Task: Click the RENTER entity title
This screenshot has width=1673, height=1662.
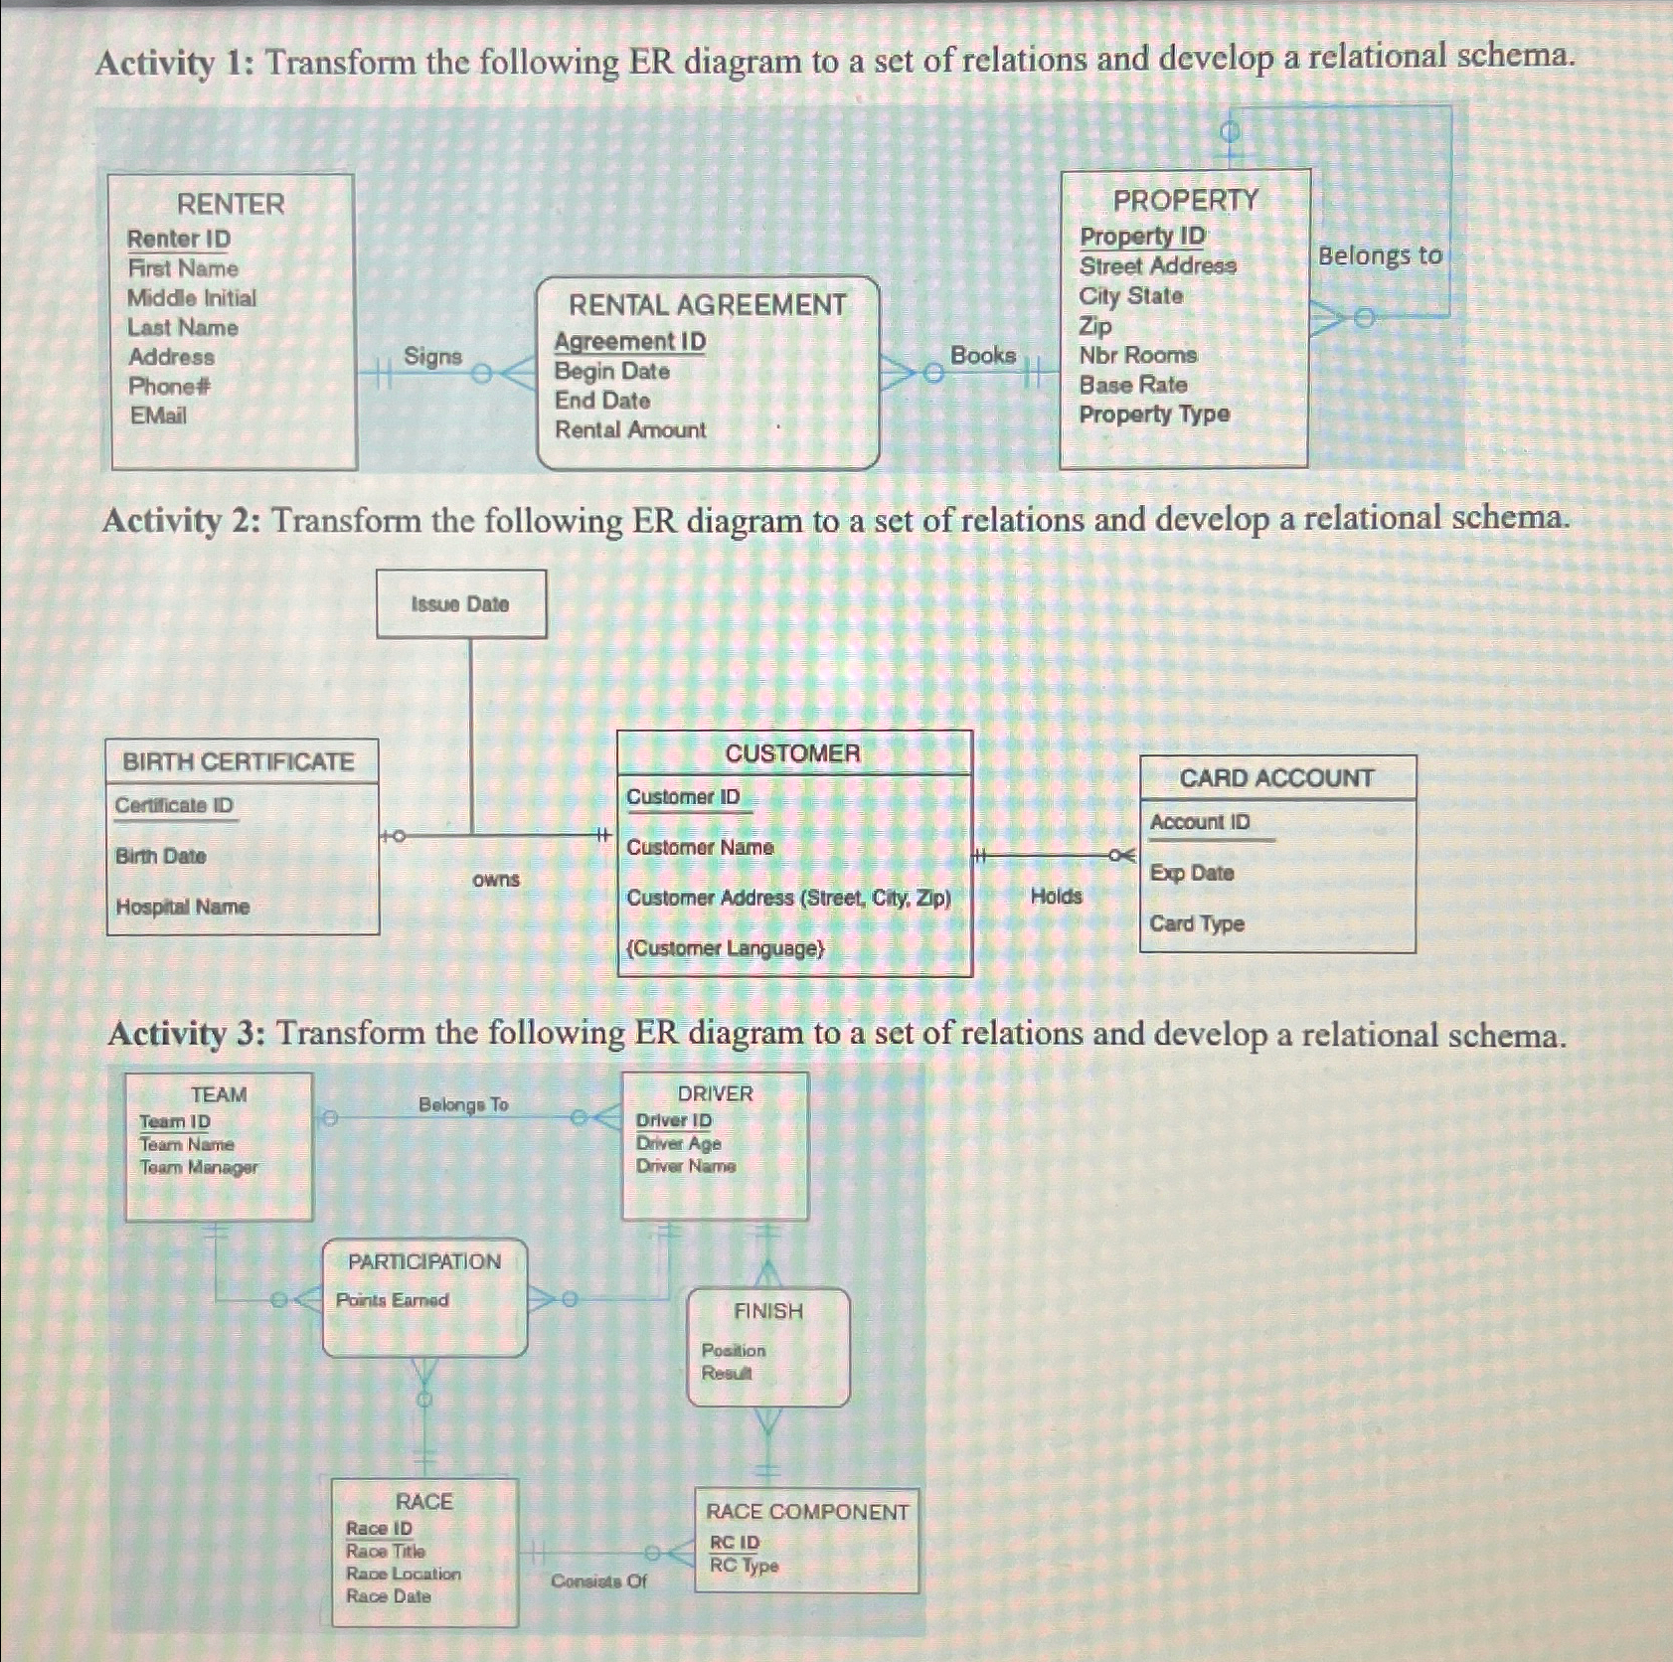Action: [231, 204]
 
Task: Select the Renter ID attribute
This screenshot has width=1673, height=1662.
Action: [179, 239]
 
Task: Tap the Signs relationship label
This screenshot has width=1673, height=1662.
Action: [432, 356]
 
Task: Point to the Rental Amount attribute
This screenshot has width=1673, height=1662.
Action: [630, 430]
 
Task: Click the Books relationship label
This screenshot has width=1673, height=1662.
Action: [983, 355]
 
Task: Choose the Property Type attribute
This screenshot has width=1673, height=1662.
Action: [1154, 415]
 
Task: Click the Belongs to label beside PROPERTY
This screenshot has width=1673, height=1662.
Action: [1380, 255]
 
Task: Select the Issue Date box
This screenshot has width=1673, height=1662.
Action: [460, 604]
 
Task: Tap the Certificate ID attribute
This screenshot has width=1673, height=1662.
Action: [174, 805]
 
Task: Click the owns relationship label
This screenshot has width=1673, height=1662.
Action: [496, 880]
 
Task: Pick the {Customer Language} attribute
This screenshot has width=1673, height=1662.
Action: [726, 948]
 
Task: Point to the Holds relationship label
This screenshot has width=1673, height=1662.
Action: [1056, 897]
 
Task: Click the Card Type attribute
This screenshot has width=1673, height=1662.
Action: [1197, 923]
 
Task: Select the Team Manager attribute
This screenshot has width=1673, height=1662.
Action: [199, 1167]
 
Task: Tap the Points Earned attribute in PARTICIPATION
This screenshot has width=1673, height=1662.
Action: [392, 1300]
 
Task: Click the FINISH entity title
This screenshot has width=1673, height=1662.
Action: [768, 1311]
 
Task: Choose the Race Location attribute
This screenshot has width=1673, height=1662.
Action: [403, 1574]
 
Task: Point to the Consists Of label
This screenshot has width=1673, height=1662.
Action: [598, 1580]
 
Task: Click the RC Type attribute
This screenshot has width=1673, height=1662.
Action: [744, 1566]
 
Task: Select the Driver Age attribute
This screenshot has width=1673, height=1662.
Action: [678, 1143]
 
